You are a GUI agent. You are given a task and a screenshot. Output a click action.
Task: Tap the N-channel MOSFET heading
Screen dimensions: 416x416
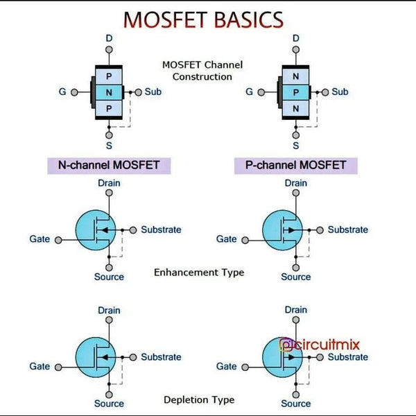tap(108, 166)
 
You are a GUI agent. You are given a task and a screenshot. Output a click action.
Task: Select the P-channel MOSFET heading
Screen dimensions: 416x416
tap(295, 166)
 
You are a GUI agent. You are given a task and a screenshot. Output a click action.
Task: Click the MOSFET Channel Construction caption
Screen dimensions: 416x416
tap(202, 70)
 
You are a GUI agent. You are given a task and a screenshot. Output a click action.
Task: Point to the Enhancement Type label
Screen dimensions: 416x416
tap(199, 272)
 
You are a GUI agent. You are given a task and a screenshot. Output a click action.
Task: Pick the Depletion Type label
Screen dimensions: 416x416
tap(199, 399)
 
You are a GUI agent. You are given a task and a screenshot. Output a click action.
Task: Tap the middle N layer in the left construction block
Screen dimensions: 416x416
tap(109, 92)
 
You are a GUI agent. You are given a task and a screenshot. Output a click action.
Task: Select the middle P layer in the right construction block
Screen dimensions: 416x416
tap(296, 92)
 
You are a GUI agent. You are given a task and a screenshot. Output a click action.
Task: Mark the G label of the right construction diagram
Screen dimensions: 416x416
tap(249, 92)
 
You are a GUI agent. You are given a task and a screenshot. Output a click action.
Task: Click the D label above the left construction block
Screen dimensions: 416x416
tap(109, 38)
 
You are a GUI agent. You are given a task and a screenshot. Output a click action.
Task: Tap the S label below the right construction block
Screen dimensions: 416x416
tap(296, 146)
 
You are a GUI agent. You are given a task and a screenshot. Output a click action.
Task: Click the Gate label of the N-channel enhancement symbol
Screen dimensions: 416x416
tap(40, 239)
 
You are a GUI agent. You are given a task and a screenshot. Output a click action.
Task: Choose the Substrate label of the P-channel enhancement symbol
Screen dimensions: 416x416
tap(348, 229)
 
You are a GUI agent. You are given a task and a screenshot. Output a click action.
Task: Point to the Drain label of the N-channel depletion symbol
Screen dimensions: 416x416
tap(109, 310)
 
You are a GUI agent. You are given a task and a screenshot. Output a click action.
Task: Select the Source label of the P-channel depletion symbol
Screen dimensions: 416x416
tap(296, 404)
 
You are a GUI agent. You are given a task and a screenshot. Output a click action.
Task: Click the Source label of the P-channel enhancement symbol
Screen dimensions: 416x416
tap(296, 277)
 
